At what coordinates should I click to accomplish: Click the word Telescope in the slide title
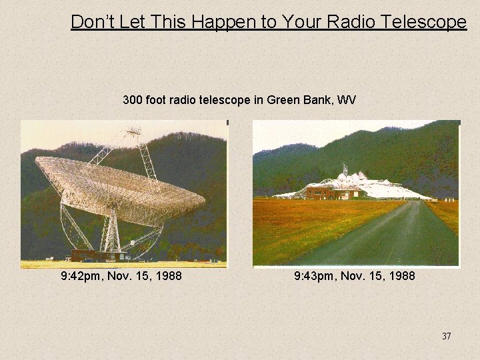pos(425,22)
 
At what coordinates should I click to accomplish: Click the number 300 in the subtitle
pos(132,100)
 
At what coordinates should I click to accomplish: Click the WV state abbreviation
pos(347,100)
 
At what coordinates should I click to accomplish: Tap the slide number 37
pos(446,336)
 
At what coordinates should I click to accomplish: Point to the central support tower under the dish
pos(112,230)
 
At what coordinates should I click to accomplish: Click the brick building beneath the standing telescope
pos(97,255)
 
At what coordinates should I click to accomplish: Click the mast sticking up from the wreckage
pos(344,170)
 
